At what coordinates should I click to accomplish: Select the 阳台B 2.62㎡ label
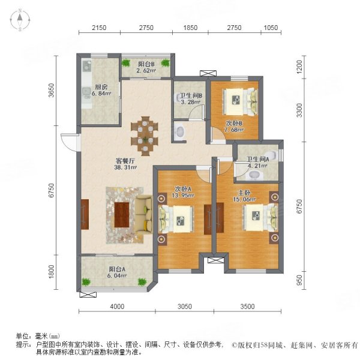(146, 67)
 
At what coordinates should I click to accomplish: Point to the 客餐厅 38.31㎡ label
(127, 164)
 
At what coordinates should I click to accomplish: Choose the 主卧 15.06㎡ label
(247, 197)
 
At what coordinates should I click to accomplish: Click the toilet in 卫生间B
(180, 131)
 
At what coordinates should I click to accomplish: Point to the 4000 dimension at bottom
(116, 307)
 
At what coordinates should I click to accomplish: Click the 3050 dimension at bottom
(184, 307)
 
